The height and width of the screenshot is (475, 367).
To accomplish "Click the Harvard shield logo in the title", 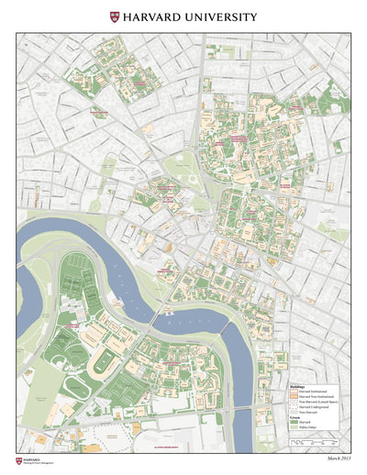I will click(115, 17).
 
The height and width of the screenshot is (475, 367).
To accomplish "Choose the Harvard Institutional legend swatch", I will click(294, 391).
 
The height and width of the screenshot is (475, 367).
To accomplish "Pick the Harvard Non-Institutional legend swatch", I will click(294, 396).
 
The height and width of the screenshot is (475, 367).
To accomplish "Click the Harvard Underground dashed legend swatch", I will click(294, 407).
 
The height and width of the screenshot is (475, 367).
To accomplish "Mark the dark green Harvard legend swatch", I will click(294, 424).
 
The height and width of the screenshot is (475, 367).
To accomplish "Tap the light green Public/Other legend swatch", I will click(294, 429).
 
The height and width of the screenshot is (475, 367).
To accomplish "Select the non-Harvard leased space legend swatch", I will click(294, 402).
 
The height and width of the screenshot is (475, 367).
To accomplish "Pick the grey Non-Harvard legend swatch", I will click(294, 413).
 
